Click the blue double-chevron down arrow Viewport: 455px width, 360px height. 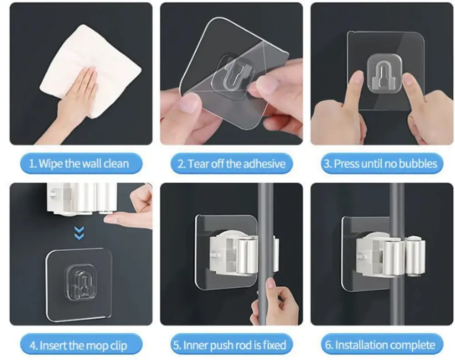click(x=79, y=233)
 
